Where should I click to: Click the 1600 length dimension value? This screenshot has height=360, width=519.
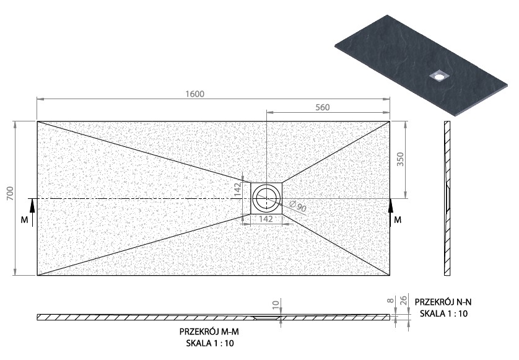(194, 94)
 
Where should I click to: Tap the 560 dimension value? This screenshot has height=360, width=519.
(323, 107)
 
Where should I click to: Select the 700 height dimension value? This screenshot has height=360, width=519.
(11, 193)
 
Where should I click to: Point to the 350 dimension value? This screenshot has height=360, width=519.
(400, 159)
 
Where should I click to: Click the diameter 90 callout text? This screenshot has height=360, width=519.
(298, 206)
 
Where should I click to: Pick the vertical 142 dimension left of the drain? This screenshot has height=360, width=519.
(237, 190)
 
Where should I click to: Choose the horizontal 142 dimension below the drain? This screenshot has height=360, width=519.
(266, 219)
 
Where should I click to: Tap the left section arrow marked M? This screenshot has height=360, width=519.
(32, 213)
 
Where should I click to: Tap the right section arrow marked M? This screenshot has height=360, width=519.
(391, 213)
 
